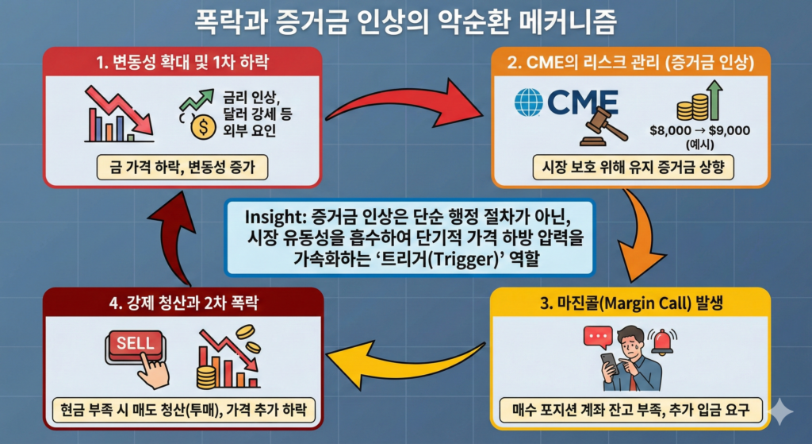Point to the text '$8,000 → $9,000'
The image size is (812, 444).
699,131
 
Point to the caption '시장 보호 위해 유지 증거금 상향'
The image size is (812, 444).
631,166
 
